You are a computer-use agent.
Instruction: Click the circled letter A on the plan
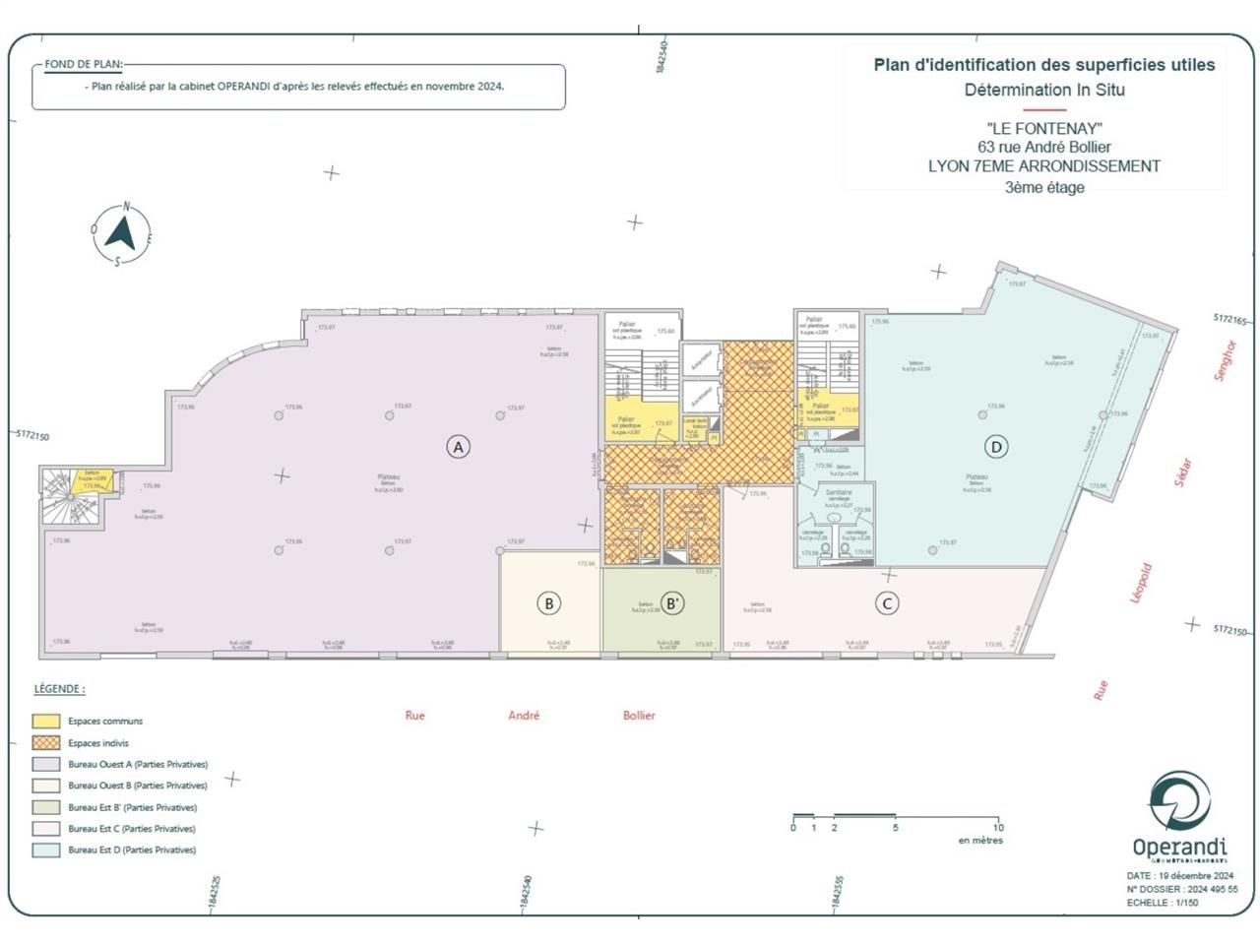pyautogui.click(x=457, y=447)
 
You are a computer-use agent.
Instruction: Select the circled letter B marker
pyautogui.click(x=549, y=603)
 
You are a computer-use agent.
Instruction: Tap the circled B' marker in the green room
pyautogui.click(x=671, y=603)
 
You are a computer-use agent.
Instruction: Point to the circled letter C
pyautogui.click(x=887, y=603)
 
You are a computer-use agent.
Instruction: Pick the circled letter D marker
pyautogui.click(x=996, y=447)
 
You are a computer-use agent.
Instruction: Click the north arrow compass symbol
pyautogui.click(x=120, y=235)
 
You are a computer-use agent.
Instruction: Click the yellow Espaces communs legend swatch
pyautogui.click(x=46, y=722)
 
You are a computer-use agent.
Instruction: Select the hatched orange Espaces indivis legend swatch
pyautogui.click(x=46, y=743)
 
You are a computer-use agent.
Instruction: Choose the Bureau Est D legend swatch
pyautogui.click(x=46, y=850)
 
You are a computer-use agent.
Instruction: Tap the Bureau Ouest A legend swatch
pyautogui.click(x=46, y=765)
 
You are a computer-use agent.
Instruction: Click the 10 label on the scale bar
pyautogui.click(x=998, y=828)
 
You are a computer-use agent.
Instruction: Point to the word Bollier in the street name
pyautogui.click(x=639, y=716)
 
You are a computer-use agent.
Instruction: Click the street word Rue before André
pyautogui.click(x=415, y=716)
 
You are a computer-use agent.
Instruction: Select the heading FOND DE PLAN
pyautogui.click(x=84, y=65)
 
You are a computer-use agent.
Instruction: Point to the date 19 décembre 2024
pyautogui.click(x=1195, y=875)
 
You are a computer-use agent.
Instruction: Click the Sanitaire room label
pyautogui.click(x=839, y=492)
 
